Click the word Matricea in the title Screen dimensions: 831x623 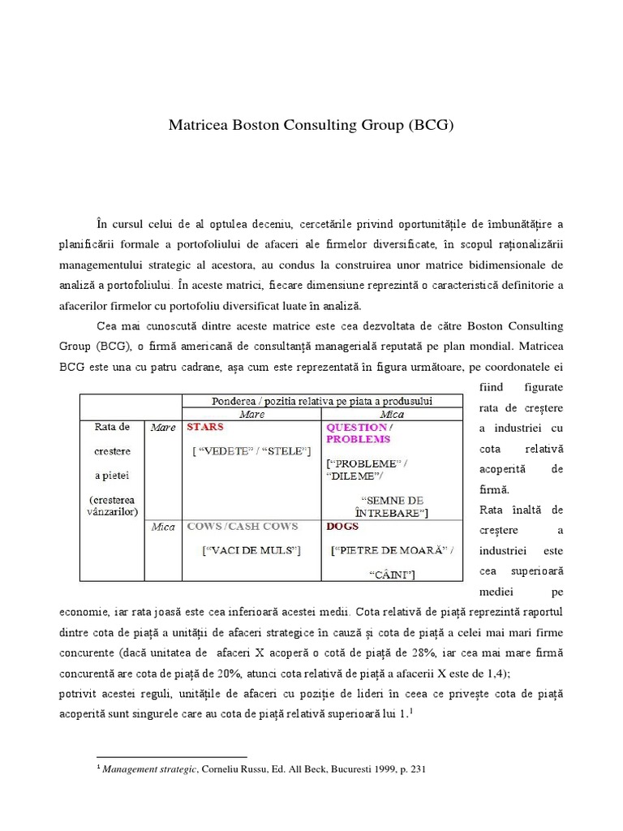pyautogui.click(x=199, y=126)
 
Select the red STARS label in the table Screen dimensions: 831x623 pyautogui.click(x=205, y=426)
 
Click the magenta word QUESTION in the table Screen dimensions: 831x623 pyautogui.click(x=356, y=427)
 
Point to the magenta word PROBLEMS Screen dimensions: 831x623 pyautogui.click(x=358, y=439)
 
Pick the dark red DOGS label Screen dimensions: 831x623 pyautogui.click(x=342, y=527)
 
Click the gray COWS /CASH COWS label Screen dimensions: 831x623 pyautogui.click(x=243, y=527)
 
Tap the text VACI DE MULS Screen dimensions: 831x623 pyautogui.click(x=251, y=551)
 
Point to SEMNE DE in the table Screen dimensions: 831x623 pyautogui.click(x=393, y=501)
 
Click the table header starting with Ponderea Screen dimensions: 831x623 pyautogui.click(x=322, y=401)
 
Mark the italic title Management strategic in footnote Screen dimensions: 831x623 pyautogui.click(x=149, y=769)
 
